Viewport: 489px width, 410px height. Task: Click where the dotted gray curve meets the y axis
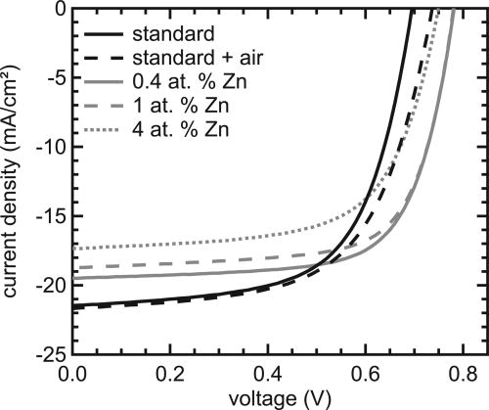click(72, 248)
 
